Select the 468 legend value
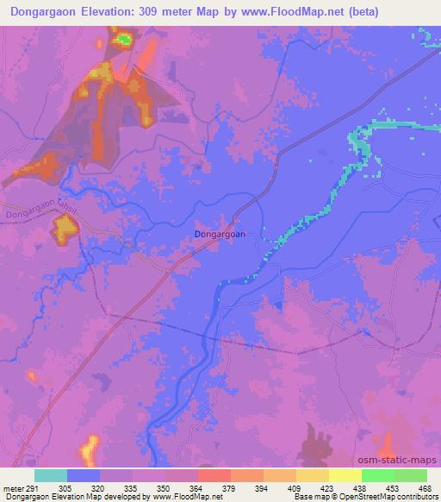(x=425, y=487)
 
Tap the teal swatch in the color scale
(x=51, y=475)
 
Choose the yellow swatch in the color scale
(x=345, y=475)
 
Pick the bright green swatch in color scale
(x=378, y=475)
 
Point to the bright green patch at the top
(x=124, y=38)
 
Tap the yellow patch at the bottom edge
(x=90, y=449)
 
